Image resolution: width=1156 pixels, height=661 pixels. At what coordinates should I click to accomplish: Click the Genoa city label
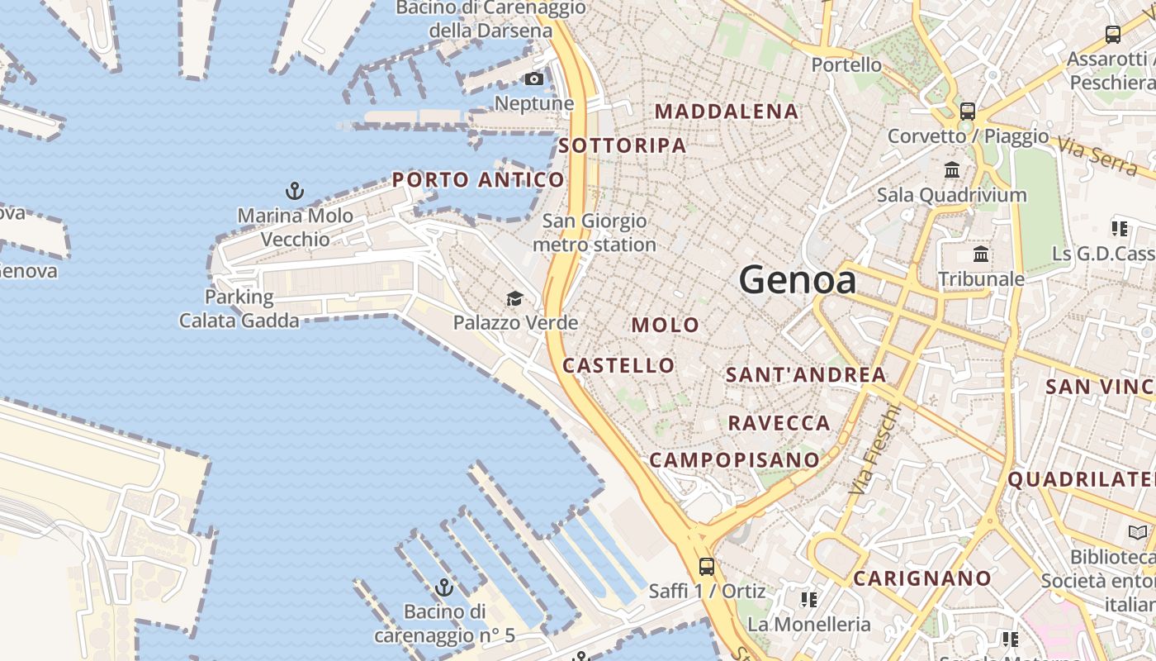[x=798, y=280]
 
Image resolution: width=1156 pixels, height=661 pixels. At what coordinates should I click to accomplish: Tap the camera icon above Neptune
[x=534, y=78]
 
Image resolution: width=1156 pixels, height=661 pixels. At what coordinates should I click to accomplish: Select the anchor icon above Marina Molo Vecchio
[x=295, y=191]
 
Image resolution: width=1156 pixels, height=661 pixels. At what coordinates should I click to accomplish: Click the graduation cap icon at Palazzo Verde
[x=515, y=298]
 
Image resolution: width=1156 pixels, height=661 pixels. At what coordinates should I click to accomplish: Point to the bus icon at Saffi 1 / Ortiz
[x=707, y=567]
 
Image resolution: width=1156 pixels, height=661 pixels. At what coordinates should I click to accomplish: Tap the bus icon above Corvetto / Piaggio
[x=968, y=111]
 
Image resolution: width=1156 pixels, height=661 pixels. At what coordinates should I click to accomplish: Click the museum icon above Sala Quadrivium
[x=952, y=169]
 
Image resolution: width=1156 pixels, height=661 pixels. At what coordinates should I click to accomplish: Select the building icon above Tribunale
[x=981, y=254]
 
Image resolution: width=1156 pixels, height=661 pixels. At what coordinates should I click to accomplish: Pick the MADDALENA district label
[x=727, y=111]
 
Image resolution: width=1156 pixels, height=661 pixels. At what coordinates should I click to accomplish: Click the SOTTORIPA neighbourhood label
[x=623, y=146]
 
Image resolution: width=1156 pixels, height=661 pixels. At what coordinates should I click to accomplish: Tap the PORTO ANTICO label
[x=478, y=179]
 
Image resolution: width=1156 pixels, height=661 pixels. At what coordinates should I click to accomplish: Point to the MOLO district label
[x=666, y=325]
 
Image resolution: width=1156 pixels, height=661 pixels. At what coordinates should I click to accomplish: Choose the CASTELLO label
[x=618, y=365]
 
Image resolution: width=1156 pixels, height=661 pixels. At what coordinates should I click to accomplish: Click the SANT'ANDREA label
[x=806, y=374]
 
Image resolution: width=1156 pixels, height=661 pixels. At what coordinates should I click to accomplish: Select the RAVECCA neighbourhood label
[x=779, y=423]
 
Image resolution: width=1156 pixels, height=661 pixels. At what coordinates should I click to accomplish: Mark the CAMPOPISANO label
[x=735, y=459]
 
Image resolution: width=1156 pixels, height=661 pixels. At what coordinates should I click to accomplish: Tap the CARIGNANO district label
[x=921, y=578]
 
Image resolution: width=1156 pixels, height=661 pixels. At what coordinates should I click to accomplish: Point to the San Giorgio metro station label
[x=595, y=233]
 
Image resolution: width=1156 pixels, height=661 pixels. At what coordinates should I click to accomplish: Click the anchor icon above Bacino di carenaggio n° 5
[x=444, y=587]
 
